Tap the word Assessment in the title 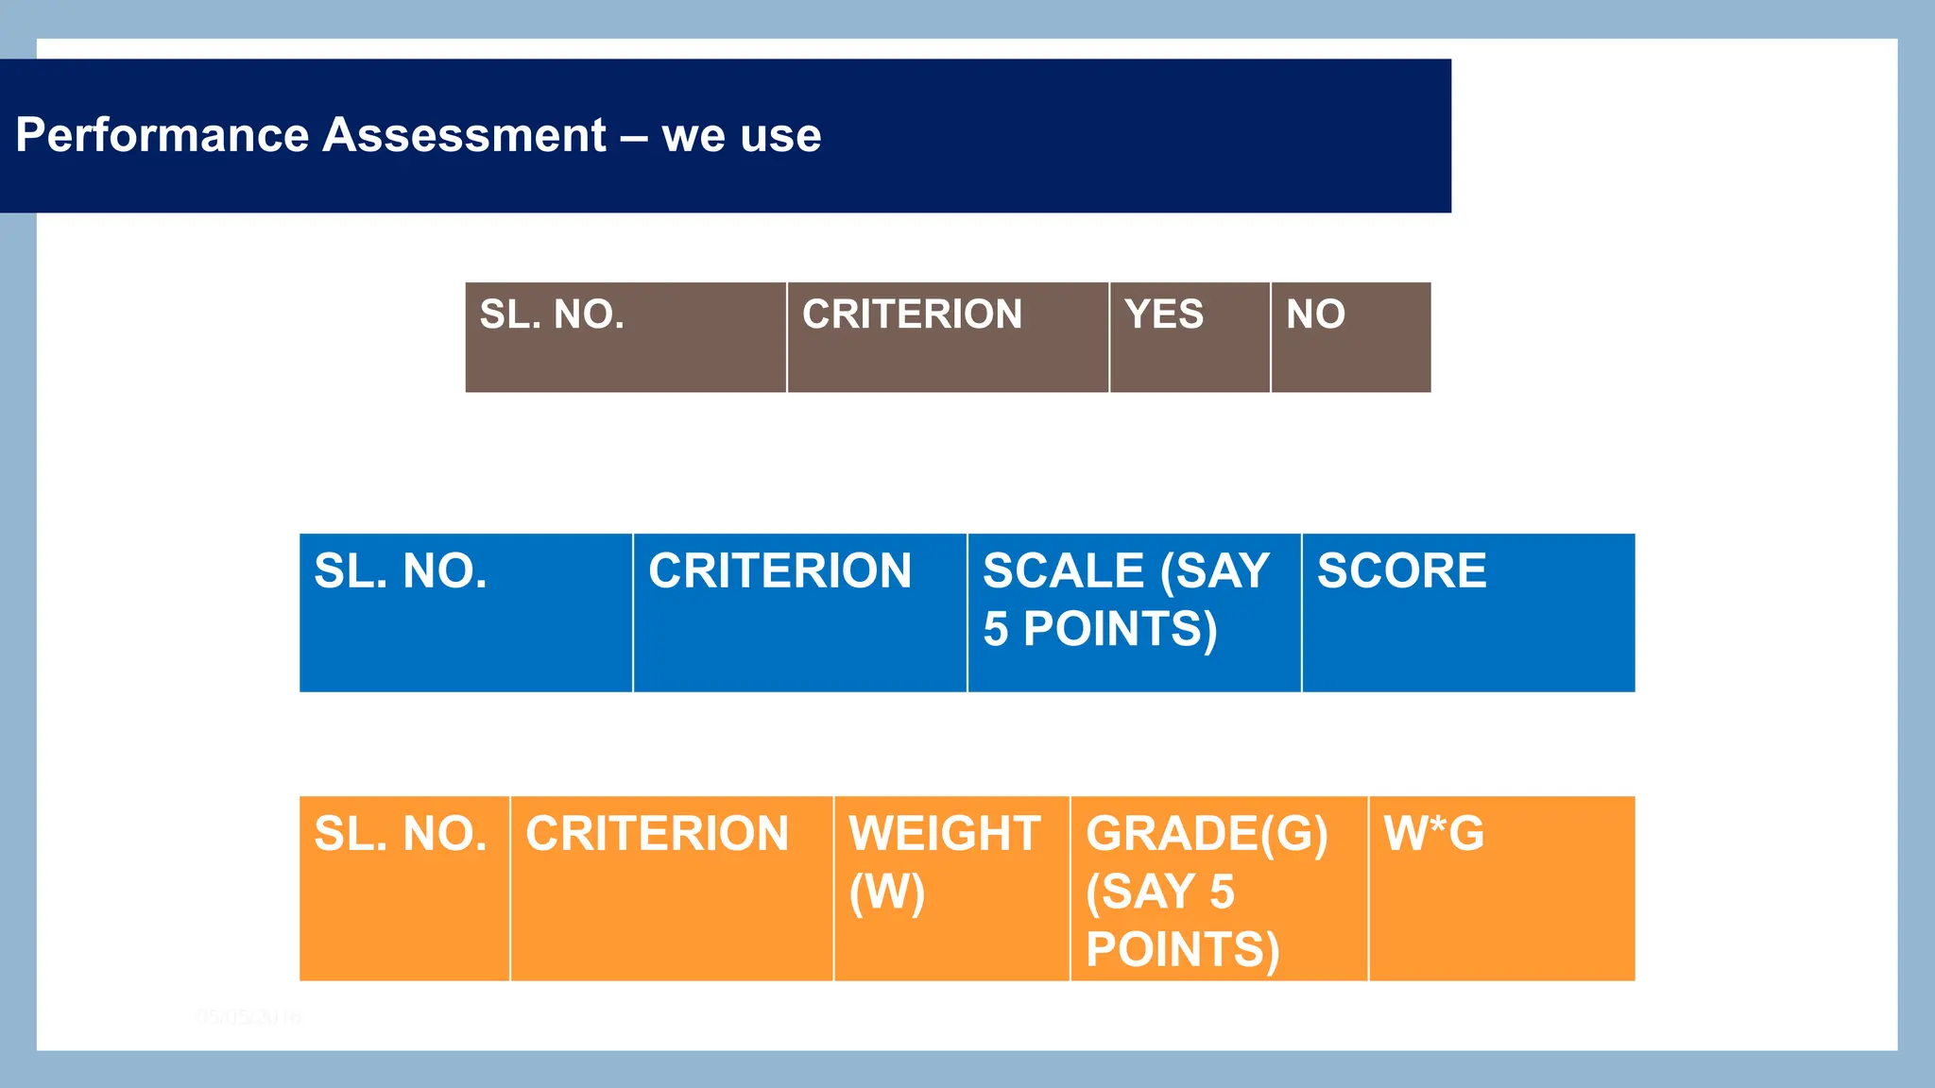(x=464, y=135)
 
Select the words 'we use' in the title (x=742, y=135)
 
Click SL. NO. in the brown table (x=552, y=314)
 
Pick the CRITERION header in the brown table (x=912, y=314)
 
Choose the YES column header (x=1164, y=314)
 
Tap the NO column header (x=1315, y=314)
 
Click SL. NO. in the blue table (x=401, y=571)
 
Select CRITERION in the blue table (x=779, y=571)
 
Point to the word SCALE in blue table (x=1063, y=571)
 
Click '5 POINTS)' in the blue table (x=1100, y=629)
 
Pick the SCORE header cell (x=1402, y=571)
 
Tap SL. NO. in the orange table (x=401, y=834)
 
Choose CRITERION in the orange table (x=657, y=834)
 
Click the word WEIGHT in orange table (x=945, y=834)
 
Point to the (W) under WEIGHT (x=886, y=892)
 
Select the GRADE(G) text (x=1207, y=834)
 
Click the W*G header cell (x=1433, y=834)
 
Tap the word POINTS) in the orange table (x=1182, y=949)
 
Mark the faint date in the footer (x=248, y=1017)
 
